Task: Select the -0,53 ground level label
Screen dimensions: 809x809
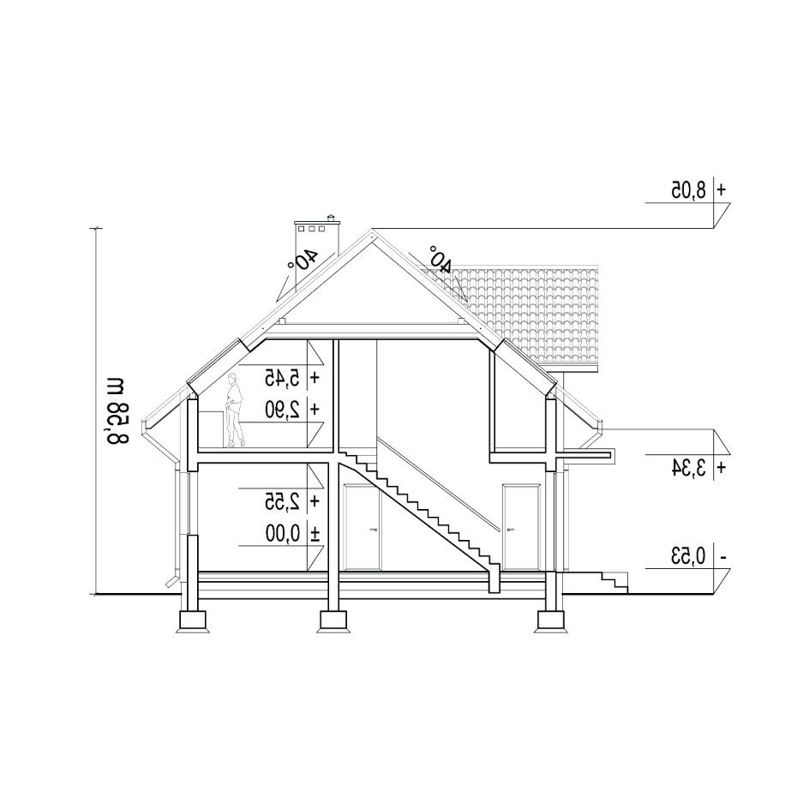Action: (698, 557)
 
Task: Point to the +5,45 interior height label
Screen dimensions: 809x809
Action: (292, 378)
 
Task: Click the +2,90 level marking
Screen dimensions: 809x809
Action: (292, 410)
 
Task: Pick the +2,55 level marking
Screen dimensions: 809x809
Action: (292, 501)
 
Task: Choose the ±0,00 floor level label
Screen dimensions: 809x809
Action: (292, 534)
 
